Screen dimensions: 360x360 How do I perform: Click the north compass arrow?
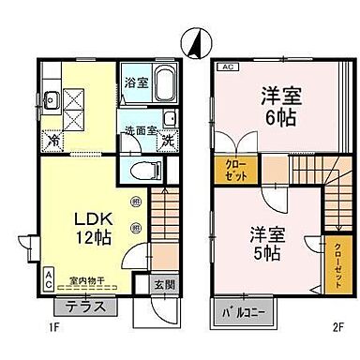pos(195,41)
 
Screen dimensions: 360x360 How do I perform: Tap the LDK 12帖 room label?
pos(92,228)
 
